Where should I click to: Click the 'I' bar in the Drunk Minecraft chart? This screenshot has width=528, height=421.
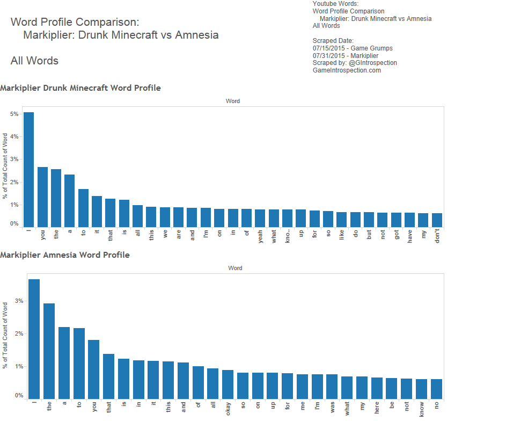click(28, 169)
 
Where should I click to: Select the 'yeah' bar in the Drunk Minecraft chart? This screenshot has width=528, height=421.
click(260, 218)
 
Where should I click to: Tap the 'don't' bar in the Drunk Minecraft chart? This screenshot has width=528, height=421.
click(437, 220)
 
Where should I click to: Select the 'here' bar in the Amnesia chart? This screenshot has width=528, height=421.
click(377, 388)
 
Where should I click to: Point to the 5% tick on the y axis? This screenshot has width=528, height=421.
click(14, 114)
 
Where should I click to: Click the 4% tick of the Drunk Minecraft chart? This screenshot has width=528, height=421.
click(14, 136)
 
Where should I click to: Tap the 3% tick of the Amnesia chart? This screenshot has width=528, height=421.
click(19, 301)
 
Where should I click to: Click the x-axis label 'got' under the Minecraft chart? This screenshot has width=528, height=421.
click(397, 236)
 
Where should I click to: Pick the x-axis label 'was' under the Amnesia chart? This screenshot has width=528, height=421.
click(332, 408)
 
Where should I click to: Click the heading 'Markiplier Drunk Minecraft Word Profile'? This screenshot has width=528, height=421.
click(80, 88)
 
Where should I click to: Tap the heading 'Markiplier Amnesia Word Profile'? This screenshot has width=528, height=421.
click(65, 255)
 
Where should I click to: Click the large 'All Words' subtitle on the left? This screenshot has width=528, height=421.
click(34, 61)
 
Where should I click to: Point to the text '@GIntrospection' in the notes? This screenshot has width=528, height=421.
click(372, 63)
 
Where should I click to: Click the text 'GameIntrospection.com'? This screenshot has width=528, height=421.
click(347, 70)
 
